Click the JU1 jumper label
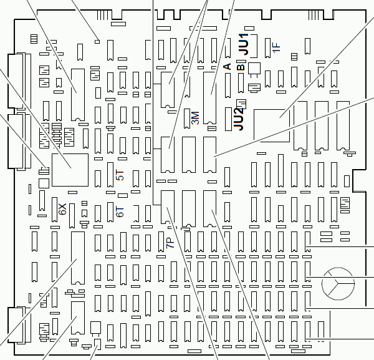click(x=244, y=44)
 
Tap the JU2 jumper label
click(x=239, y=119)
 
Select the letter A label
click(x=228, y=66)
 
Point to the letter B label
click(x=241, y=67)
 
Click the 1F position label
click(x=276, y=47)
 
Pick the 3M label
click(x=195, y=118)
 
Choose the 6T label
click(x=120, y=212)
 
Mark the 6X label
click(x=62, y=209)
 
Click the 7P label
click(x=170, y=243)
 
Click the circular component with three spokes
click(x=338, y=284)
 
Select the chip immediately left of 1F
click(x=267, y=48)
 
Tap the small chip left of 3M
click(x=187, y=119)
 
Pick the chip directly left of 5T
click(x=110, y=175)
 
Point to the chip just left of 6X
click(x=55, y=210)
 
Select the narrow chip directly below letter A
click(x=228, y=85)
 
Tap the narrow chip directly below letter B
click(x=241, y=83)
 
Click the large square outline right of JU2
click(x=272, y=126)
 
